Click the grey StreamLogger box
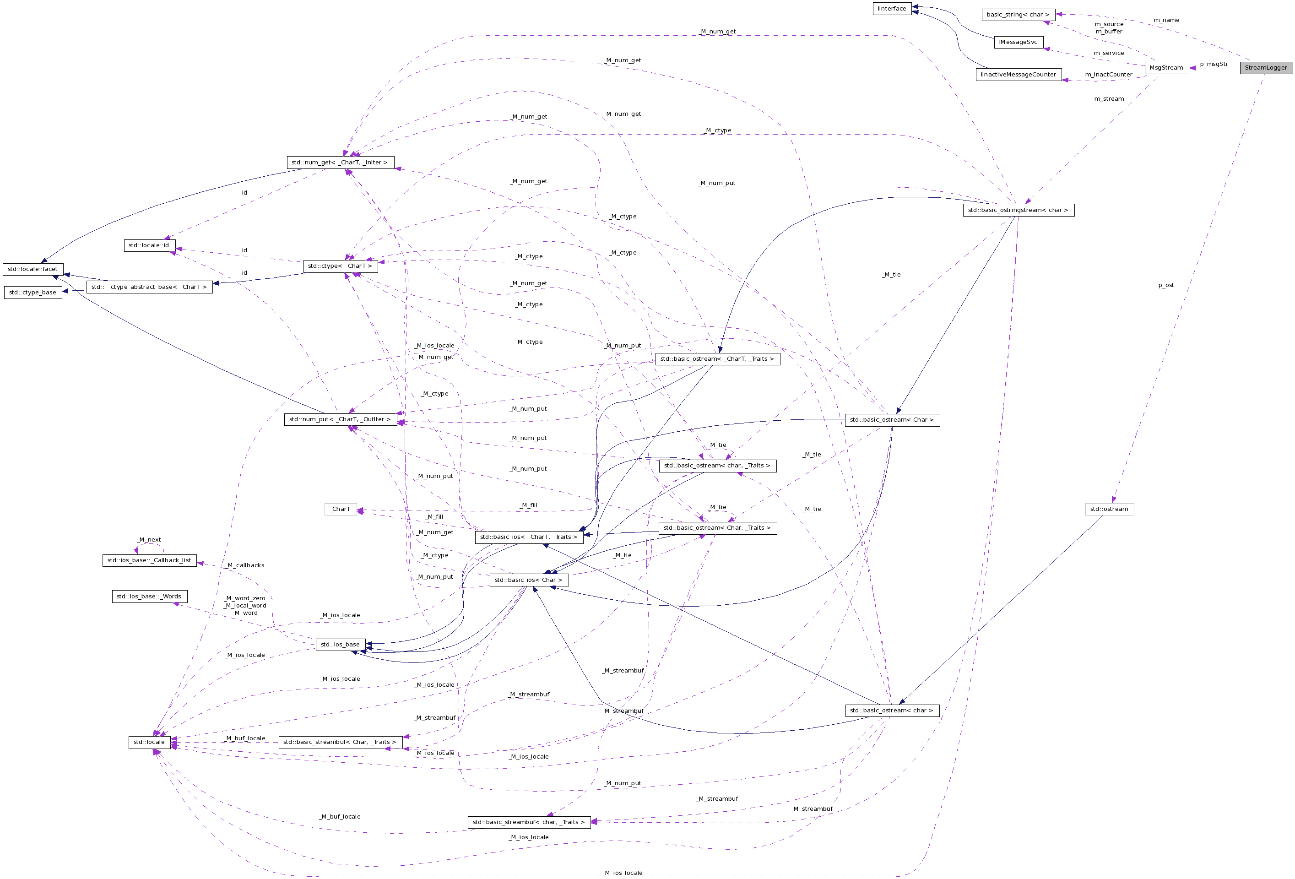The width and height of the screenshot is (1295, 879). click(x=1265, y=67)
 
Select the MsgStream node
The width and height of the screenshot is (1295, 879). click(x=1166, y=67)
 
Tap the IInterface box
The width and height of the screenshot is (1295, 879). click(x=892, y=8)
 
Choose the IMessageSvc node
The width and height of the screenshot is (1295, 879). click(x=1018, y=42)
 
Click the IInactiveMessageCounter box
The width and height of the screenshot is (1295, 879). click(x=1018, y=74)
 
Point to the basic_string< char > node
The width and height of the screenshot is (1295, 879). click(x=1018, y=15)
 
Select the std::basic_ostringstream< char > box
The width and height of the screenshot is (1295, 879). click(x=1018, y=210)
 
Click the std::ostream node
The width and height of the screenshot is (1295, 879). click(x=1109, y=509)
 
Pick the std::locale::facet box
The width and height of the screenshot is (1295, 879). click(x=33, y=269)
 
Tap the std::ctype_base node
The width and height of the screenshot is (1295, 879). click(x=33, y=292)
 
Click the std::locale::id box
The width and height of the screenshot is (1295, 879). click(x=149, y=245)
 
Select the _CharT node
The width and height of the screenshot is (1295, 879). click(x=340, y=509)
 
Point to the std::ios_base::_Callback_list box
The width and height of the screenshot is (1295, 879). click(x=149, y=560)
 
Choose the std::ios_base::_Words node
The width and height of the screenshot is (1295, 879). click(x=149, y=597)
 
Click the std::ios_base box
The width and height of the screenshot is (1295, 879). click(x=340, y=644)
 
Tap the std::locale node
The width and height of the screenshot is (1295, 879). click(x=149, y=742)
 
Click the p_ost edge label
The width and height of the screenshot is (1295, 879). click(x=1166, y=285)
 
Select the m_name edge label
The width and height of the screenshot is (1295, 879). click(x=1166, y=20)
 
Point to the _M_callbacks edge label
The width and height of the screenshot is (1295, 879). click(x=246, y=565)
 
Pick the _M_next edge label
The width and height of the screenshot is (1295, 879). click(x=149, y=540)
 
